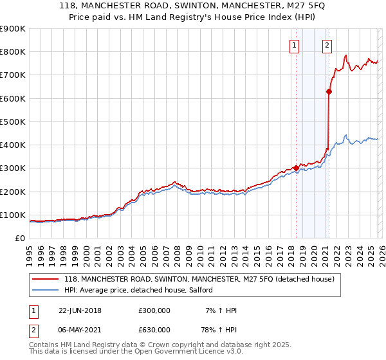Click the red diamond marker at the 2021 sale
coord(329,91)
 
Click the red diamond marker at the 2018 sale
coord(296,168)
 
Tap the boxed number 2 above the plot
coord(327,45)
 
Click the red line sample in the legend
coord(46,280)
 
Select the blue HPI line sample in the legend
coord(46,291)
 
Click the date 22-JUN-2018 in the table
coord(80,310)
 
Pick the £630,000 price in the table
coord(154,330)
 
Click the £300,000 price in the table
coord(154,310)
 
